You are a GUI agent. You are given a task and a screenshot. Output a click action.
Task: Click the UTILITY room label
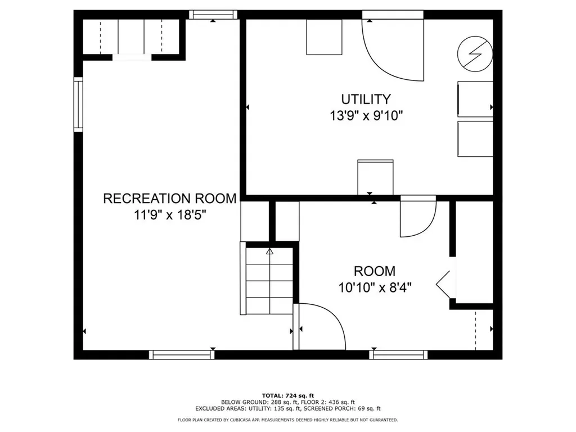pos(366,100)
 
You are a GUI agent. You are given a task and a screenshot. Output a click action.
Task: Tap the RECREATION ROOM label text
pos(170,199)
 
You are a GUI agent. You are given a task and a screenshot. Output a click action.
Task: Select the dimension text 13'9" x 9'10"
pos(366,116)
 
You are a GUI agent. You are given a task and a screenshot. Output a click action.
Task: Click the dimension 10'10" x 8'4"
pos(375,287)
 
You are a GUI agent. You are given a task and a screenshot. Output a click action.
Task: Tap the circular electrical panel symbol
pos(475,54)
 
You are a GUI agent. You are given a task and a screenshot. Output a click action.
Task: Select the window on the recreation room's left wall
pos(78,105)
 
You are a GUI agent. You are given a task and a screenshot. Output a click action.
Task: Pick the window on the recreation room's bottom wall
pos(182,354)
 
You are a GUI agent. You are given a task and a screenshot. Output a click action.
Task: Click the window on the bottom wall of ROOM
pos(398,354)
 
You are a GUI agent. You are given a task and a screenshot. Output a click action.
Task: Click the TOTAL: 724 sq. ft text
pos(287,395)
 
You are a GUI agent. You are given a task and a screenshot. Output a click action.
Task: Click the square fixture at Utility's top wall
pos(324,37)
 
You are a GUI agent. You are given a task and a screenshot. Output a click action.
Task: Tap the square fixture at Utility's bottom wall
pos(375,177)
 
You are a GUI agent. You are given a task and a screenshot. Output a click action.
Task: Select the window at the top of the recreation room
pos(212,15)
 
